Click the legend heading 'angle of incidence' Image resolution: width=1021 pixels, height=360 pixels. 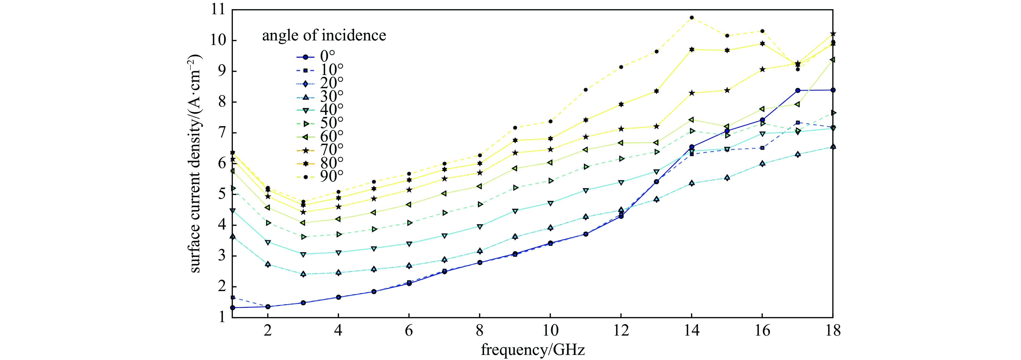click(x=324, y=36)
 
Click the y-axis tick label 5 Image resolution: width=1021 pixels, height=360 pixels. click(x=221, y=194)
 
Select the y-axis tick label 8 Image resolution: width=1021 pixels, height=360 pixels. click(x=221, y=102)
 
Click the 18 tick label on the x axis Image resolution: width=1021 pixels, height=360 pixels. click(x=832, y=330)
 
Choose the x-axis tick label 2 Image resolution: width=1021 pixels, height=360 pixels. click(x=267, y=330)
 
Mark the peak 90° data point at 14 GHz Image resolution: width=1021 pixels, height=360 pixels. click(x=692, y=18)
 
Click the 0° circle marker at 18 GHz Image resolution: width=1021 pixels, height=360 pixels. click(x=833, y=90)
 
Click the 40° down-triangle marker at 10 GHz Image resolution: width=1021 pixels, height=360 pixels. click(x=550, y=203)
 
